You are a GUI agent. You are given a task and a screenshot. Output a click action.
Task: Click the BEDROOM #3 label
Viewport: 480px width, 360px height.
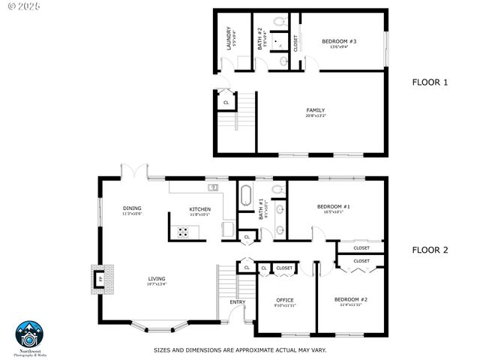pos(339,43)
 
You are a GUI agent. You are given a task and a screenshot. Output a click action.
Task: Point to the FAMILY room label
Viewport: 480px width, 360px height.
pos(315,112)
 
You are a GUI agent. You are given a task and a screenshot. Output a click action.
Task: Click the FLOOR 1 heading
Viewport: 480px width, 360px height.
pos(430,82)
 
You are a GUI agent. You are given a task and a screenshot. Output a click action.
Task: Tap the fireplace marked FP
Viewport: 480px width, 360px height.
pos(98,279)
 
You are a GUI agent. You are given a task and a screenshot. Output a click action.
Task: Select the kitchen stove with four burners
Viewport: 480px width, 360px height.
pos(182,232)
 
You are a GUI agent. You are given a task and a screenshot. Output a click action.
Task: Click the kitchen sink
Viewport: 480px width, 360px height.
pos(213,187)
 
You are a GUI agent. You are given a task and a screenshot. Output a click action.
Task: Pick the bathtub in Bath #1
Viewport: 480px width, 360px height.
pos(246,195)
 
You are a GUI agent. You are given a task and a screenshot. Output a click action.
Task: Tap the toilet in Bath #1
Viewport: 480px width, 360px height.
pos(276,189)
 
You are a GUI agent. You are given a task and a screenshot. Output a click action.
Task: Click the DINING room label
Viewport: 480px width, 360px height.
pos(132,210)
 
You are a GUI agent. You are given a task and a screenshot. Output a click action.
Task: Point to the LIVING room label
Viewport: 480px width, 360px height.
pos(156,280)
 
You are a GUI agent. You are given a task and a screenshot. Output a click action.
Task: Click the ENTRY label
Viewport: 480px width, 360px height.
pos(237,302)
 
